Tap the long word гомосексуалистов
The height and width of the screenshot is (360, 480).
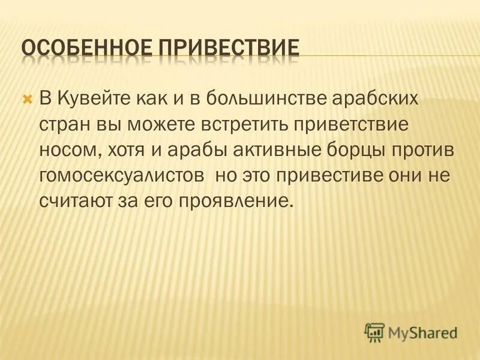pos(123,178)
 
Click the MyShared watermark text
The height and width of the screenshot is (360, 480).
pos(422,331)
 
